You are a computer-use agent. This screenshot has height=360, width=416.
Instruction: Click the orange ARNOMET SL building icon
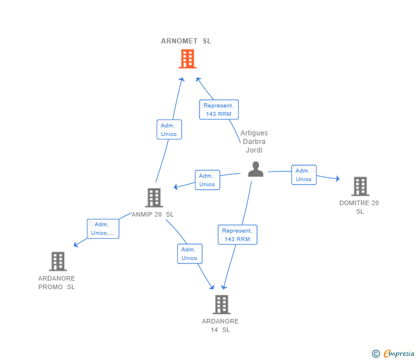[x=187, y=59]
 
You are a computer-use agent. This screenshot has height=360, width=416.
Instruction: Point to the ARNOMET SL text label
[x=186, y=41]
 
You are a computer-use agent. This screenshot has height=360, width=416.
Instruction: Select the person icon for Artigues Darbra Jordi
[x=255, y=169]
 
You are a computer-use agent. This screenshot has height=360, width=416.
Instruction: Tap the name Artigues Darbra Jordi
[x=254, y=142]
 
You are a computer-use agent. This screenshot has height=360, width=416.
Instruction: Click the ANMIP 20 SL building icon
[x=154, y=198]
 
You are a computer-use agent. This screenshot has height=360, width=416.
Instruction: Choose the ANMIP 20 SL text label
[x=153, y=214]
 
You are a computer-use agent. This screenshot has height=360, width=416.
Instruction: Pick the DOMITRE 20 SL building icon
[x=359, y=186]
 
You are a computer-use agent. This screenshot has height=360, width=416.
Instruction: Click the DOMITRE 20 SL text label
[x=359, y=207]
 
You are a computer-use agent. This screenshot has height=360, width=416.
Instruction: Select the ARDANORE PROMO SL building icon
[x=57, y=261]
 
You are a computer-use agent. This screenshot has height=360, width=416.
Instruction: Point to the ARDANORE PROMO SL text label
[x=57, y=282]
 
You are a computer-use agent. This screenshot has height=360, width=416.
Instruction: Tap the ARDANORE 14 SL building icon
[x=221, y=305]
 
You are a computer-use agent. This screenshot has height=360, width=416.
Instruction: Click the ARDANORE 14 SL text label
[x=220, y=325]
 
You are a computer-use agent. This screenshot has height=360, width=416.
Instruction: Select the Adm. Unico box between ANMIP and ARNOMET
[x=169, y=130]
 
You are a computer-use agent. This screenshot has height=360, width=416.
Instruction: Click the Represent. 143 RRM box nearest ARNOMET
[x=219, y=110]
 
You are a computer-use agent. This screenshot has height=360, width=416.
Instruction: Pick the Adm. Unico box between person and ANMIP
[x=207, y=180]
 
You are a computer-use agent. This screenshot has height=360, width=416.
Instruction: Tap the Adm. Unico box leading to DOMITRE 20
[x=303, y=175]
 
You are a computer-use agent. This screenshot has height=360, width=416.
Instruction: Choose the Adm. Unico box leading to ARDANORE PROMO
[x=103, y=229]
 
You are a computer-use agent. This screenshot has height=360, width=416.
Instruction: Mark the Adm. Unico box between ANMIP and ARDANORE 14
[x=189, y=254]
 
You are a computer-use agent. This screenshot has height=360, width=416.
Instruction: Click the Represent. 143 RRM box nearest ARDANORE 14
[x=237, y=235]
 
